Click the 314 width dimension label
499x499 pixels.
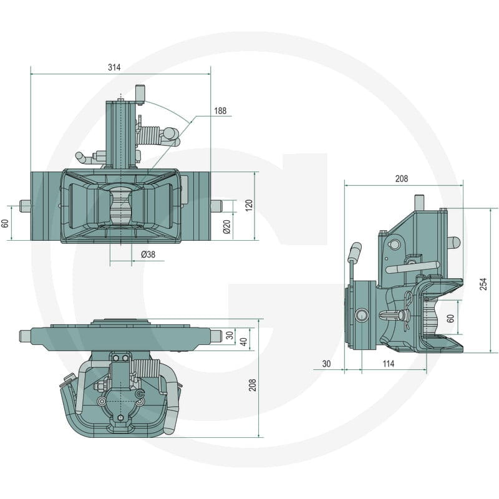click(114, 67)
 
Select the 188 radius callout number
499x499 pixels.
click(220, 111)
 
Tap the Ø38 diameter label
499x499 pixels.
click(148, 254)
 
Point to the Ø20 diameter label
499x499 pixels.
click(227, 226)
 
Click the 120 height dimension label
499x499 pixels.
click(249, 205)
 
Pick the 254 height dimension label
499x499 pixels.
click(483, 284)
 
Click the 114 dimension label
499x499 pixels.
click(388, 364)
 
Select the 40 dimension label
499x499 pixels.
click(243, 342)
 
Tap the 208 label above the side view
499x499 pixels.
click(402, 179)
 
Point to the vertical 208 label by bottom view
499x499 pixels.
click(253, 385)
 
